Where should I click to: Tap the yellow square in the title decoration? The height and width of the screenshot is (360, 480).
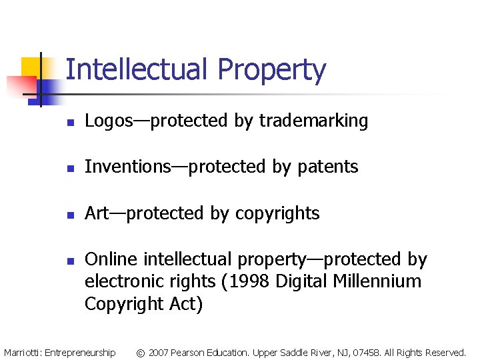[32, 67]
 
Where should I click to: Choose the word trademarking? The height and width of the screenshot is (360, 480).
[313, 121]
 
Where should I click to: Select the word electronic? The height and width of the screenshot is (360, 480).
[125, 281]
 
